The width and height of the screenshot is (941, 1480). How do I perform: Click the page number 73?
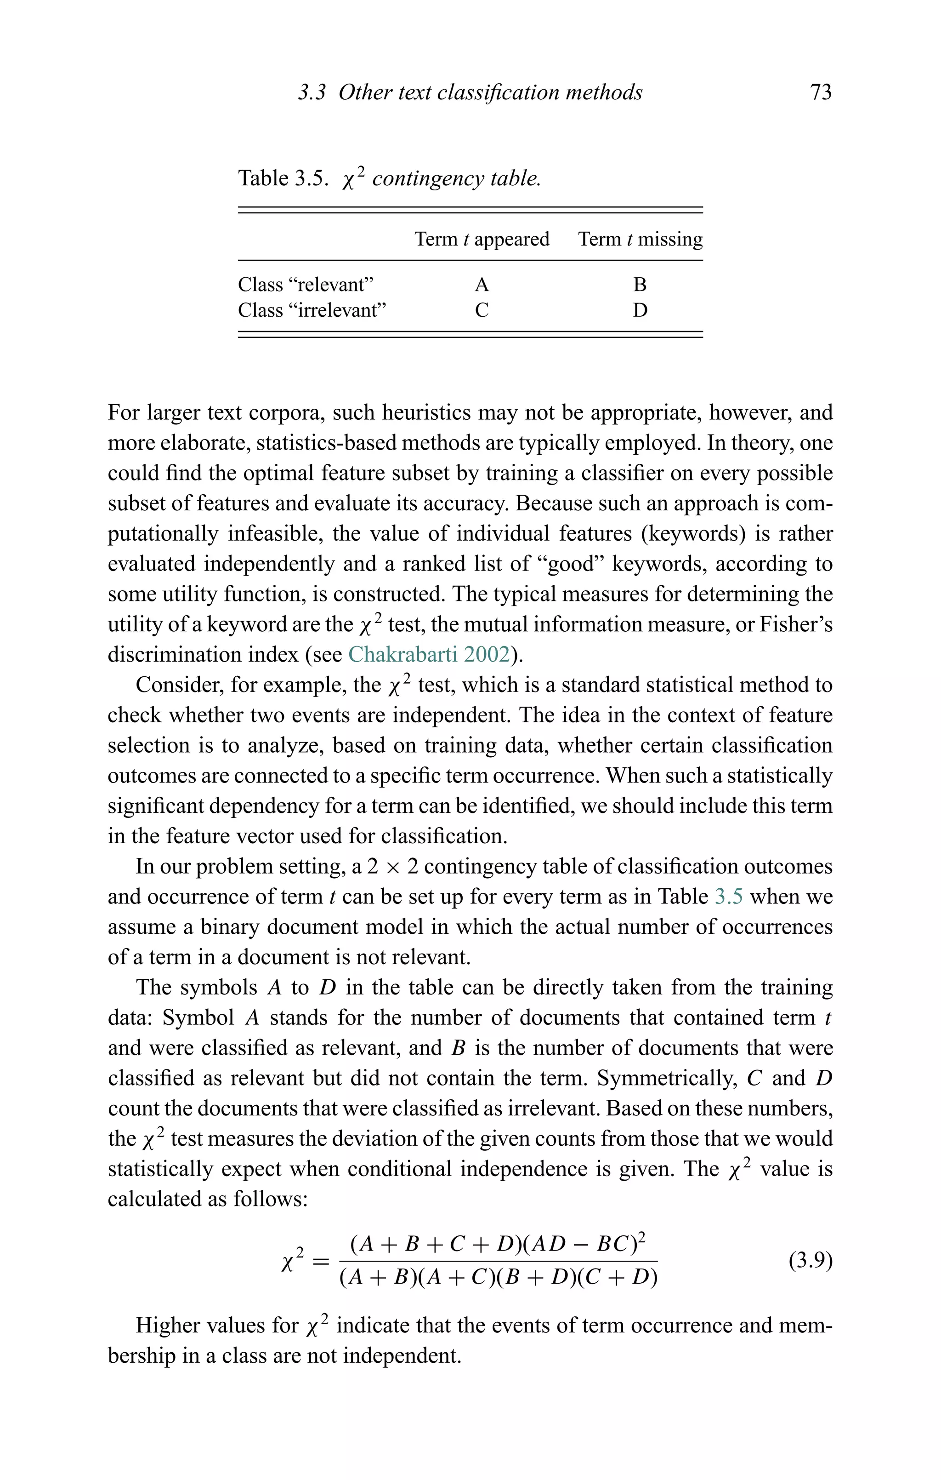[x=821, y=92]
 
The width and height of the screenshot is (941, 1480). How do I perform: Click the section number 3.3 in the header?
[x=312, y=93]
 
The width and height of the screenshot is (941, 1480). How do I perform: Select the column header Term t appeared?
[x=482, y=239]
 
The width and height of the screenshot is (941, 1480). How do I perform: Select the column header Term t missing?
[x=640, y=239]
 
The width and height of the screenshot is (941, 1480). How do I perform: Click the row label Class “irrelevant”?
[x=312, y=310]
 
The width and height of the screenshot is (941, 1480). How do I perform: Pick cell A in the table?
[x=482, y=285]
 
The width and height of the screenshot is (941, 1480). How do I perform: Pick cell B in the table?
[x=640, y=285]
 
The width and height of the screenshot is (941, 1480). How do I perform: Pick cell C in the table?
[x=482, y=310]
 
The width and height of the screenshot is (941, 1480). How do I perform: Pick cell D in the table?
[x=640, y=310]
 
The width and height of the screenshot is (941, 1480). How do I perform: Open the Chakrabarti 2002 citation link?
[x=429, y=655]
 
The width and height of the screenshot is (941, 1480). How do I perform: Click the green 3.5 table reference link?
[x=728, y=897]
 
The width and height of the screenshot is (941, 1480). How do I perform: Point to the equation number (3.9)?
[x=810, y=1261]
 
